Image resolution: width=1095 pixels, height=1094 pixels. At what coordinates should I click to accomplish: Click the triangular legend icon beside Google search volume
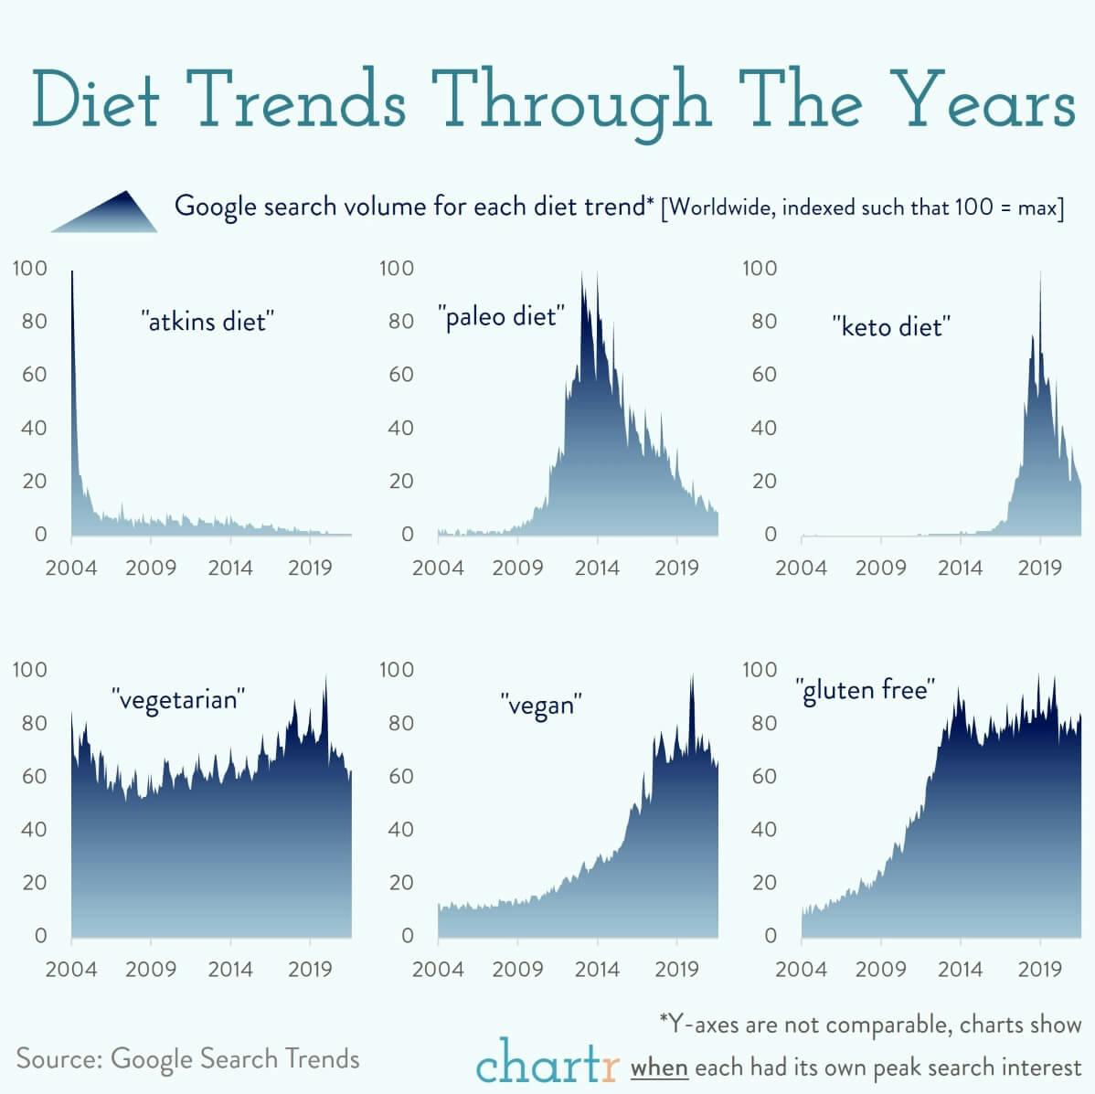(105, 212)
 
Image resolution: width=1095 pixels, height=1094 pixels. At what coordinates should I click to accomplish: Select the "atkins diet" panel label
(207, 321)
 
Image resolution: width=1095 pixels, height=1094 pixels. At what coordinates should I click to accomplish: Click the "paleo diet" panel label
(501, 317)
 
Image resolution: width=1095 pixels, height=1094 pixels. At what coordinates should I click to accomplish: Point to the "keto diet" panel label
(891, 326)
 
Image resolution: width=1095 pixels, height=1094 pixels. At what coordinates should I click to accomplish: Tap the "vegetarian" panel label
(179, 699)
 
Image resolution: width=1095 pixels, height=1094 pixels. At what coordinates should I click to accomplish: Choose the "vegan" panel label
(541, 705)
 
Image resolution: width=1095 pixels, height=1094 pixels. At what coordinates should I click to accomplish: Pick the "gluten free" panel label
(865, 689)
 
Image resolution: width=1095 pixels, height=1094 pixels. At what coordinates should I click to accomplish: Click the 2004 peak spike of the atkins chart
(73, 274)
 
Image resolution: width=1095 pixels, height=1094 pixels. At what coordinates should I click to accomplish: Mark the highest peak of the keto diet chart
(1040, 274)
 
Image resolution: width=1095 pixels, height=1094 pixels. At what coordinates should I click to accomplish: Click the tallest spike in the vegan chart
(692, 677)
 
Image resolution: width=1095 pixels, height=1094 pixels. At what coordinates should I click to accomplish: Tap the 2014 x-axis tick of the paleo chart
(597, 568)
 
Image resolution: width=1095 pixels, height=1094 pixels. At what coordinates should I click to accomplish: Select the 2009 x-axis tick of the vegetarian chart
(151, 969)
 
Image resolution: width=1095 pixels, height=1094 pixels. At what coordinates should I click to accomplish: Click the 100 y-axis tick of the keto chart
(759, 268)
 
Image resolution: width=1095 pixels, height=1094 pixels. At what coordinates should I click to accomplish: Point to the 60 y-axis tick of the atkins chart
(33, 374)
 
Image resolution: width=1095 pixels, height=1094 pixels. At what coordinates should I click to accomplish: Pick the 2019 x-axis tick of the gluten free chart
(1039, 969)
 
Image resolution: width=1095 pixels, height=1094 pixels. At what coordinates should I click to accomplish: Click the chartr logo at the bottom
(547, 1062)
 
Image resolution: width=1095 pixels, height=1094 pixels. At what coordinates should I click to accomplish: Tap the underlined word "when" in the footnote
(659, 1067)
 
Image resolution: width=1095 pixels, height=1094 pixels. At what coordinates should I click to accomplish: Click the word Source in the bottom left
(58, 1058)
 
